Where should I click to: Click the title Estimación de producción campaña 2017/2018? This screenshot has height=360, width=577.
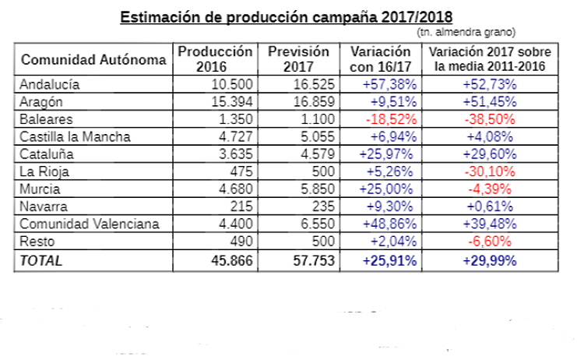click(x=286, y=16)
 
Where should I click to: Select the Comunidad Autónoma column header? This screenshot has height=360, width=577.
click(x=93, y=60)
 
